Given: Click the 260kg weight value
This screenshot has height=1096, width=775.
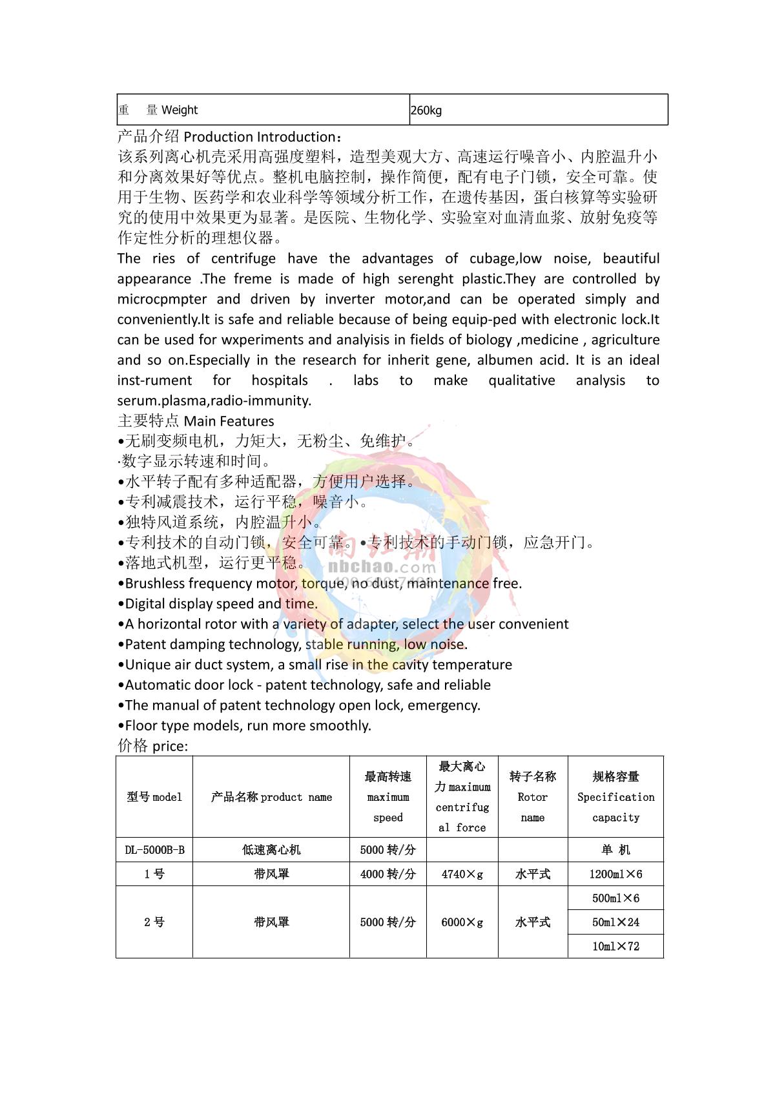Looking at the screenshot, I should (x=426, y=110).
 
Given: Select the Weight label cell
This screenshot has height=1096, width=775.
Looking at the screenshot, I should (x=158, y=110).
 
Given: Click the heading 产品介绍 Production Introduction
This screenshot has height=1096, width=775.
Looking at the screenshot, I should (x=230, y=137).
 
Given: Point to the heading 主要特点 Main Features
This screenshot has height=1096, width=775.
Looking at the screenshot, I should (x=196, y=421).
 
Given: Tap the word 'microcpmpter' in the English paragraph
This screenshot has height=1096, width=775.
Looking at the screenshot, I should (x=162, y=299).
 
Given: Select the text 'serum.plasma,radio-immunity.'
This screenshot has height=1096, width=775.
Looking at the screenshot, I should (x=214, y=400).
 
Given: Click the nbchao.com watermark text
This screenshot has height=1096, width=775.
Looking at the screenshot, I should (x=382, y=567).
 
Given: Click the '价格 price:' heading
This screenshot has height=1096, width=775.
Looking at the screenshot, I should (x=152, y=746).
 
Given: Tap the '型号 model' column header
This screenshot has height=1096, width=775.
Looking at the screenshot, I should (x=154, y=797).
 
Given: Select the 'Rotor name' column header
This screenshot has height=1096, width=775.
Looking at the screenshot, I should (x=533, y=797).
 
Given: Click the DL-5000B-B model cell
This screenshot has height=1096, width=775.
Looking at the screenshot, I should (x=154, y=850).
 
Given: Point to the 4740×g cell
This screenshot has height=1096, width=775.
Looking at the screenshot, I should (x=462, y=874).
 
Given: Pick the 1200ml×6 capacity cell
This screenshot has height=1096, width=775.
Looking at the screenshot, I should (x=615, y=874).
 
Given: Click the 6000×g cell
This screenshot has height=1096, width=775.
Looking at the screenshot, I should (x=462, y=922).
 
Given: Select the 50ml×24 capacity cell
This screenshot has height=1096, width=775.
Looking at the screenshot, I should (x=615, y=922).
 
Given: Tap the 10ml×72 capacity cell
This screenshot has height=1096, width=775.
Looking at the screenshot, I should (x=615, y=946).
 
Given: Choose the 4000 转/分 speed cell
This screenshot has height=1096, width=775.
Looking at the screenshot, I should (x=387, y=874).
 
